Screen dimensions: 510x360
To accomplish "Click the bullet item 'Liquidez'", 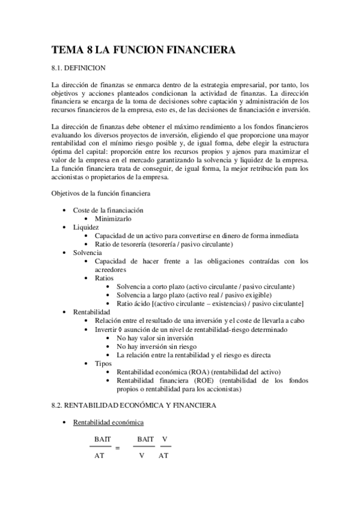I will pos(87,227).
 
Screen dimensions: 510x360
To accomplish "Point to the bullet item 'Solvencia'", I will pos(88,253).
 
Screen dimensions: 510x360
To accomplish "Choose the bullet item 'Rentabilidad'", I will pos(91,313).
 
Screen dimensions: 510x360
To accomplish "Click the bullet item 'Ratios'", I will pos(105,278).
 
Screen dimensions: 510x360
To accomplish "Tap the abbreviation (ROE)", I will pos(203,381).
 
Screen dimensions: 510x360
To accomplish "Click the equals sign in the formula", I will pos(118,448).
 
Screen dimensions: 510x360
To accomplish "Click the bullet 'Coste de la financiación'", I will pos(108,210).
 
